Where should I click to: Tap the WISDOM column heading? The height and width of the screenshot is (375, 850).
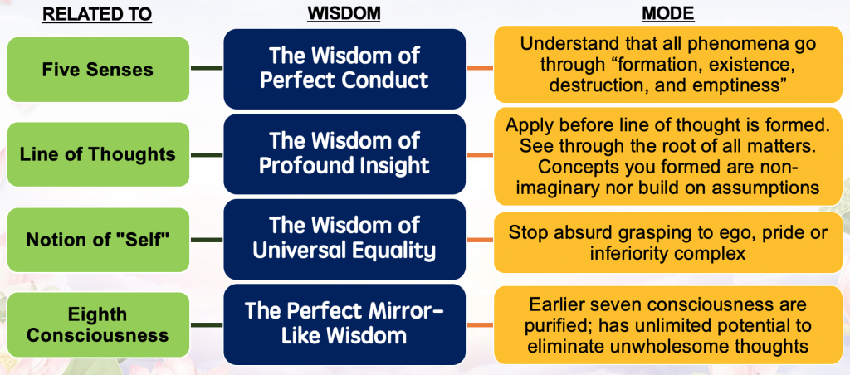(343, 14)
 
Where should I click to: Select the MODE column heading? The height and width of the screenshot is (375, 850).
(667, 14)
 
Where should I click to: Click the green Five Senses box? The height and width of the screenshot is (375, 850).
(97, 69)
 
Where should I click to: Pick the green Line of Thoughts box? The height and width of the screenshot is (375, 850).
(97, 154)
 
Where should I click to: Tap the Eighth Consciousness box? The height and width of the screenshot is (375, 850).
(97, 325)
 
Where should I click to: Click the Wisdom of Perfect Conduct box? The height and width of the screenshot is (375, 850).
(344, 68)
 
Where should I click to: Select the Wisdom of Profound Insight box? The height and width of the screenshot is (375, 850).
(344, 153)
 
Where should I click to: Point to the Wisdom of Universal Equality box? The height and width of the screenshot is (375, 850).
(344, 238)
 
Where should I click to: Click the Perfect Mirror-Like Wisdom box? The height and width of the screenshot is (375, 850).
(344, 324)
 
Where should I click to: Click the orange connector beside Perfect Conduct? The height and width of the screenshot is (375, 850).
(480, 68)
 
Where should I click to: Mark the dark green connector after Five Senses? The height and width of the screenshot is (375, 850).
(206, 68)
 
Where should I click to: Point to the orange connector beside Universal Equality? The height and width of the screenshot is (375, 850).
(480, 241)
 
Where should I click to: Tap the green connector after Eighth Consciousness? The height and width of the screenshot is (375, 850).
(206, 325)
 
